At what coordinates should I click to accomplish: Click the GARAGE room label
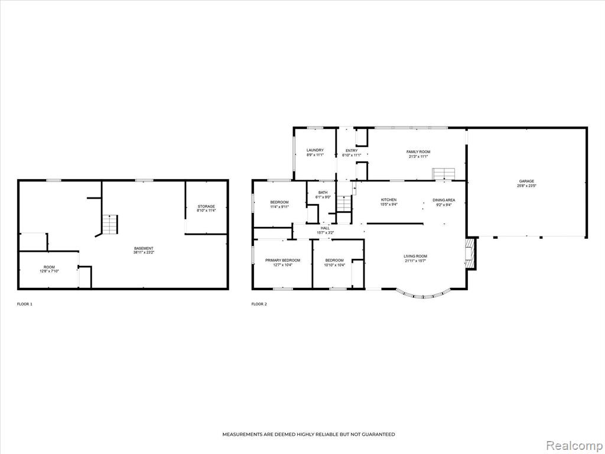[x=526, y=181]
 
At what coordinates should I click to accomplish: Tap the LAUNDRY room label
[x=315, y=150]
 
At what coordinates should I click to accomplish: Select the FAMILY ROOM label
[x=418, y=152]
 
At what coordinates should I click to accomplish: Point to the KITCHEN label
[x=389, y=200]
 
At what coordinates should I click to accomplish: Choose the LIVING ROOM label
[x=415, y=256]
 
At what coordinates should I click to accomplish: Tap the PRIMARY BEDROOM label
[x=283, y=260]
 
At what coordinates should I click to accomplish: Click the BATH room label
[x=323, y=193]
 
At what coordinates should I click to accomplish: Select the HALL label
[x=325, y=228]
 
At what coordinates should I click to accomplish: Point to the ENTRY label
[x=352, y=151]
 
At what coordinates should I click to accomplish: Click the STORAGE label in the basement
[x=206, y=206]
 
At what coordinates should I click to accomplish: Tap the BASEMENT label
[x=144, y=248]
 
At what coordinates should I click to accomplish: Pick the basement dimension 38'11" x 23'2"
[x=144, y=252]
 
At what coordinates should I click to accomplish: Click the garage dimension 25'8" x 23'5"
[x=526, y=186]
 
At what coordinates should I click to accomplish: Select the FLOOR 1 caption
[x=25, y=304]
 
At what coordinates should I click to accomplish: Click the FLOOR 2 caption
[x=259, y=304]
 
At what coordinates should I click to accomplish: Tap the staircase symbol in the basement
[x=110, y=224]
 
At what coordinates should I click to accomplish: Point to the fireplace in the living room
[x=470, y=253]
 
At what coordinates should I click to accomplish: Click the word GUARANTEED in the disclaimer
[x=379, y=434]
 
